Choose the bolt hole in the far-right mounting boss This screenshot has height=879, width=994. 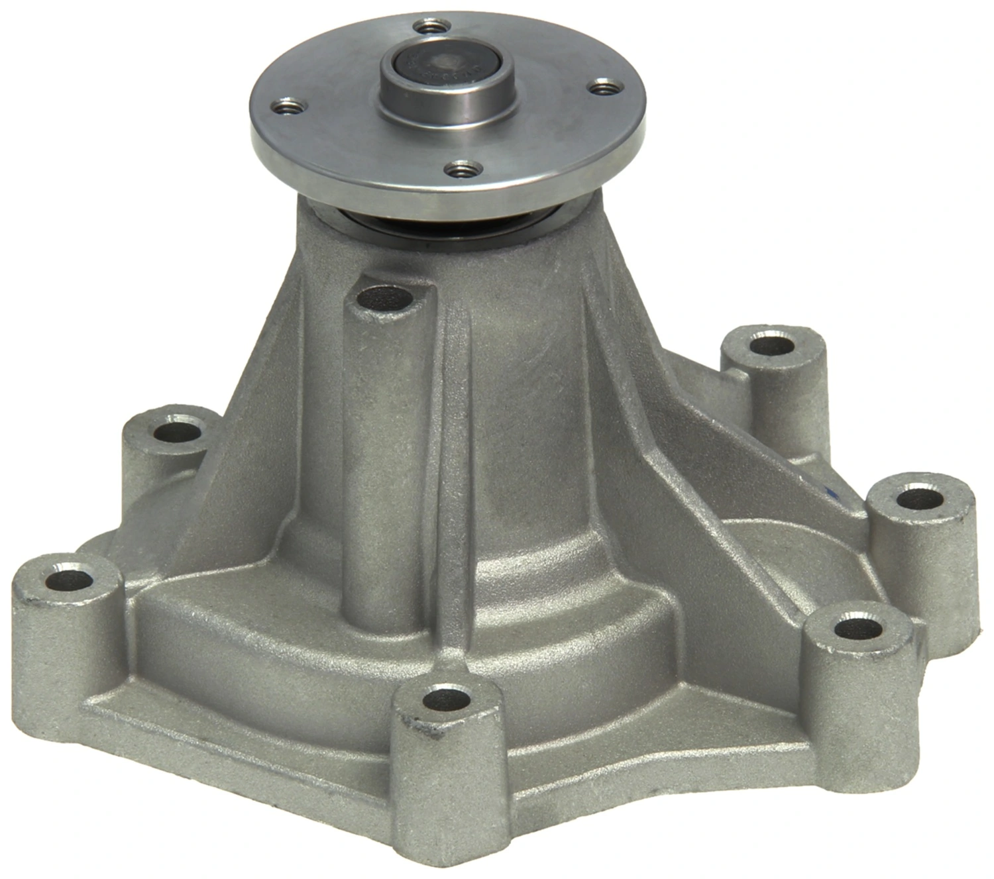click(x=920, y=498)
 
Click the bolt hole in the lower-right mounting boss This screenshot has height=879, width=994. click(x=858, y=627)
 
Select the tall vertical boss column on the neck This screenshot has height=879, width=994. click(x=374, y=464)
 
